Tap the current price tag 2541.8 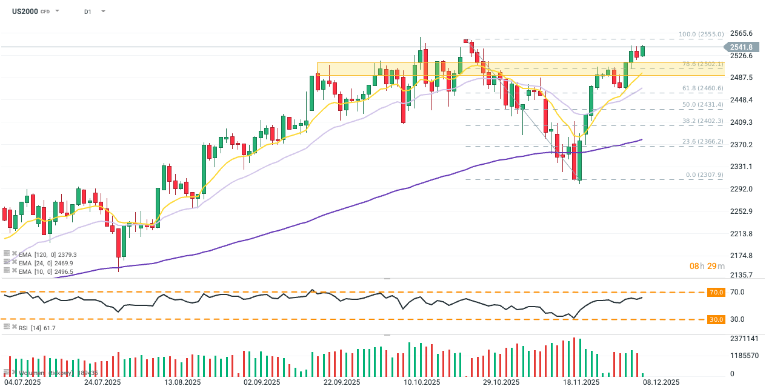coord(741,47)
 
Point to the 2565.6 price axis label coord(741,33)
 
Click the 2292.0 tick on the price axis coord(741,189)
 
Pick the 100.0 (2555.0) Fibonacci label coord(701,35)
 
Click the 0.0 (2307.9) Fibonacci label coord(704,175)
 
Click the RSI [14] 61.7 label coord(38,328)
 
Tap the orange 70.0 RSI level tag coord(716,292)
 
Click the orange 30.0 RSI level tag coord(716,319)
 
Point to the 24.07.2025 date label coord(102,383)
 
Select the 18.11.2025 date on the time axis coord(581,383)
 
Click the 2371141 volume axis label coord(745,339)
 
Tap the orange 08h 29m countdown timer coord(707,266)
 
